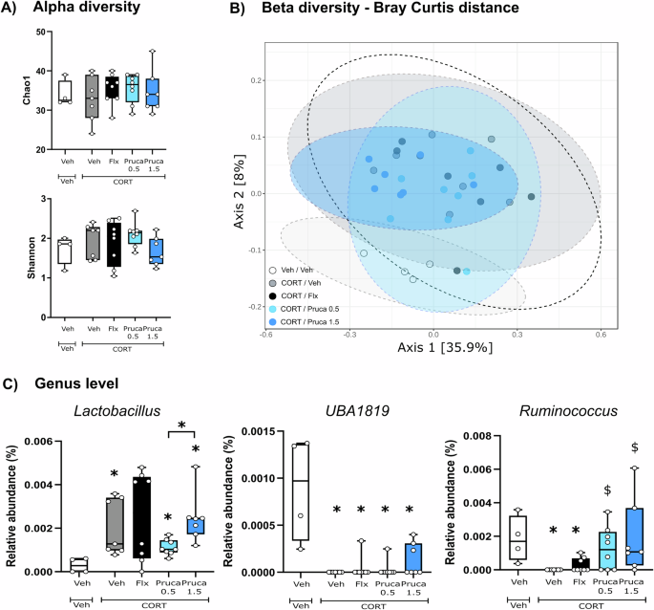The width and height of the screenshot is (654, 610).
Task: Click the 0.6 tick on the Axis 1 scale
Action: pyautogui.click(x=601, y=334)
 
